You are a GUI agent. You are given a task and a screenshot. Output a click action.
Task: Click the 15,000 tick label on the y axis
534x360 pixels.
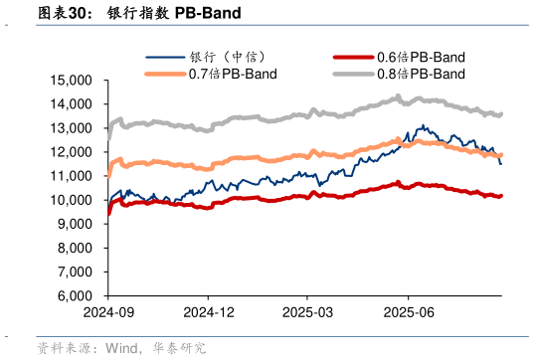[75, 80]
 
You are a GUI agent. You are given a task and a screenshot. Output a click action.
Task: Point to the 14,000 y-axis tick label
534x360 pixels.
[75, 103]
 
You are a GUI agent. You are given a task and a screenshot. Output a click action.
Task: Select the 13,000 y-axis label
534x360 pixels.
[75, 127]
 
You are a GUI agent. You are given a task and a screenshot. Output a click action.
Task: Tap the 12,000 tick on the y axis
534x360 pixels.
[75, 151]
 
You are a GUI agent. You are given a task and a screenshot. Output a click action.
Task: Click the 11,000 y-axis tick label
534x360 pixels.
[75, 175]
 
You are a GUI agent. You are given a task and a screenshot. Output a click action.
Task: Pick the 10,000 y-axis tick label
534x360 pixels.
[75, 200]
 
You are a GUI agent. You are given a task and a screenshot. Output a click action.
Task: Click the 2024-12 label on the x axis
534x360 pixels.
[208, 311]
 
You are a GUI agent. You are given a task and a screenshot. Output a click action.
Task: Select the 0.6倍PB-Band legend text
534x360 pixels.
[421, 57]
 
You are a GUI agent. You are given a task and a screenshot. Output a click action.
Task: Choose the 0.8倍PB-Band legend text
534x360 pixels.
[421, 74]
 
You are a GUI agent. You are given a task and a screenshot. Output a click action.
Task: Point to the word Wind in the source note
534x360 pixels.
[121, 348]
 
